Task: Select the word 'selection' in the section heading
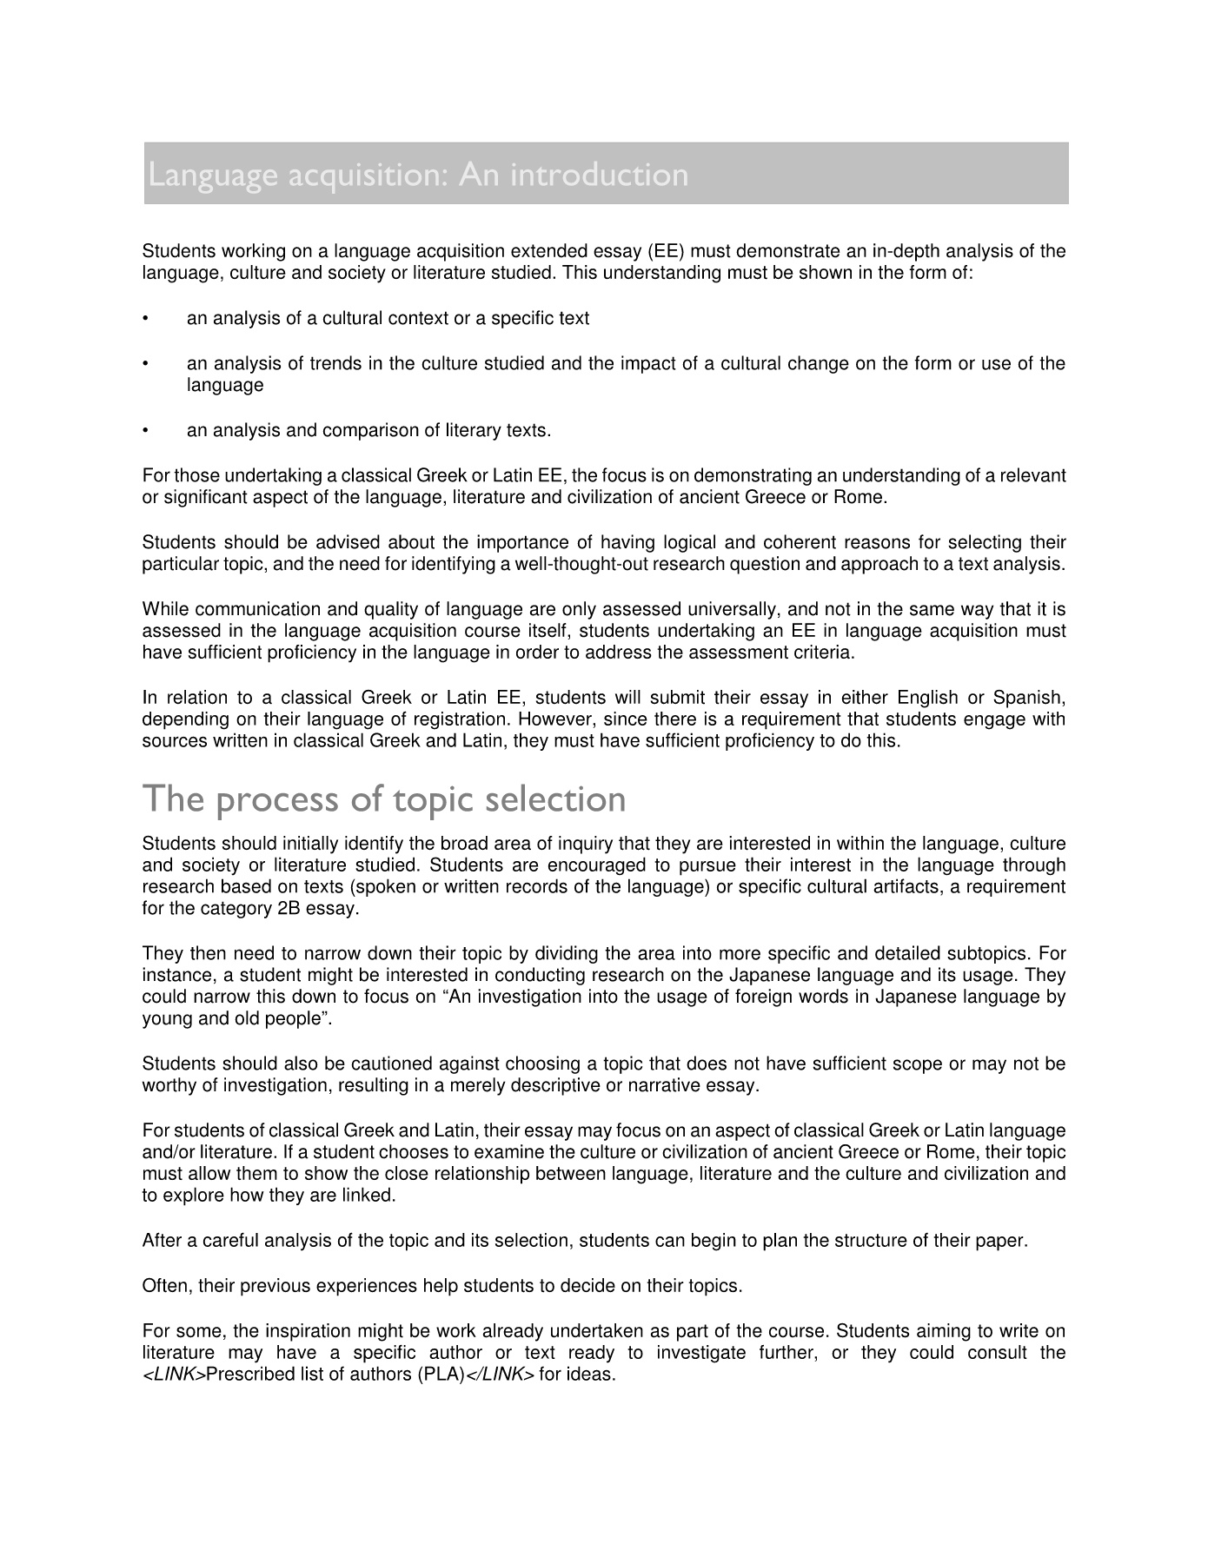click(x=555, y=799)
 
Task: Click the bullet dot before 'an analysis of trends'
click(x=147, y=364)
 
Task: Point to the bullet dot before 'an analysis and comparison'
click(x=147, y=431)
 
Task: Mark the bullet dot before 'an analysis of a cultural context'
click(x=147, y=319)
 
